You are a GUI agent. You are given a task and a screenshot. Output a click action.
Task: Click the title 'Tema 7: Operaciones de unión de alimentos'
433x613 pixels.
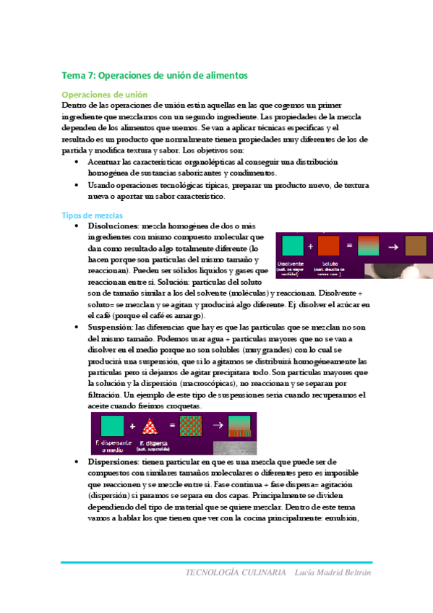click(x=155, y=75)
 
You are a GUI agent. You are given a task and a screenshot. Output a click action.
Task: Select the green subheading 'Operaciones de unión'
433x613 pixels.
click(x=105, y=95)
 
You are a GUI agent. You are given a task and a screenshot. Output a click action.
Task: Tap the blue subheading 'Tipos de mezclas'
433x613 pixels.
click(x=92, y=215)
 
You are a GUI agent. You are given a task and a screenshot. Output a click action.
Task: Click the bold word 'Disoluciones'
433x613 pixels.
click(x=112, y=226)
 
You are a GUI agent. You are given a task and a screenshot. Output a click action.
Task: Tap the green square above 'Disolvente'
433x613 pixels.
click(x=293, y=247)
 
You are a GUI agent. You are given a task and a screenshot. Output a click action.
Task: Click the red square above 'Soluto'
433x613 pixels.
click(x=329, y=247)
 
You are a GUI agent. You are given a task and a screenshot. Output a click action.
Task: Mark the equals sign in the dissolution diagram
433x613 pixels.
click(x=349, y=247)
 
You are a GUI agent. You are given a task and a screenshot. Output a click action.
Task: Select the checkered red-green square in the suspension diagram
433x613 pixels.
click(x=190, y=426)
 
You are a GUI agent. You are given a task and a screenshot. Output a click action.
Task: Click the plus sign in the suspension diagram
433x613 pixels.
click(x=133, y=426)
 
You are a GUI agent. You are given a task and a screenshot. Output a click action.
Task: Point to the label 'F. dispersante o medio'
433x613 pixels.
click(x=111, y=445)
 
